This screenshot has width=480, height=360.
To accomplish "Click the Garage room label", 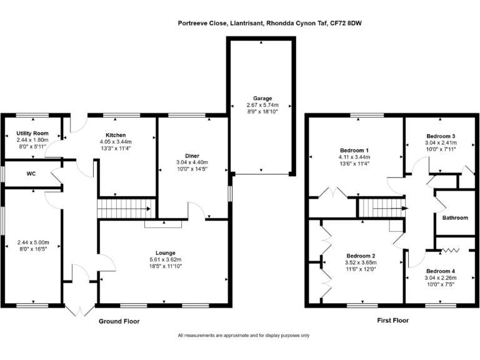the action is point(262,98).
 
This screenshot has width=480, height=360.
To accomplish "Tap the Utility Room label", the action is point(32,133).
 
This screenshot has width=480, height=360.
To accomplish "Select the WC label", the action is point(31,174).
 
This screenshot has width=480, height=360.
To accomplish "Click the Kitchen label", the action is point(116,135).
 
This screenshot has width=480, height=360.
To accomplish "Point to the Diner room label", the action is point(192,156).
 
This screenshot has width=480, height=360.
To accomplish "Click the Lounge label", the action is point(166,253).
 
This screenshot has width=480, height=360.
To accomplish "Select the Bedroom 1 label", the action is point(354,150).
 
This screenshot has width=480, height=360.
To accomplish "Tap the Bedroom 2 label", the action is point(361,256).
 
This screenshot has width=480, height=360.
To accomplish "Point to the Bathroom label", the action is point(455,217).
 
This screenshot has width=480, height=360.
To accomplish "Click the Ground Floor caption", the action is point(119,321).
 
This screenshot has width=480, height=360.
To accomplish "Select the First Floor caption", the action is point(392,321).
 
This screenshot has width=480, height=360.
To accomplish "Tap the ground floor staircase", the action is point(127,209).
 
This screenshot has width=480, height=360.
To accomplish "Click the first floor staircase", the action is point(382,208).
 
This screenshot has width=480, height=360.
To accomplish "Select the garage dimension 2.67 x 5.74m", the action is point(262,105).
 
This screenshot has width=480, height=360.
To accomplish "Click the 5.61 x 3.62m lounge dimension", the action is point(166,259).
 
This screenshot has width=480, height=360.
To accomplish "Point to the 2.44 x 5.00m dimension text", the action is point(33,242).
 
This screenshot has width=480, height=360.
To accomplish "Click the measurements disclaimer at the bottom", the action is point(244,336).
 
